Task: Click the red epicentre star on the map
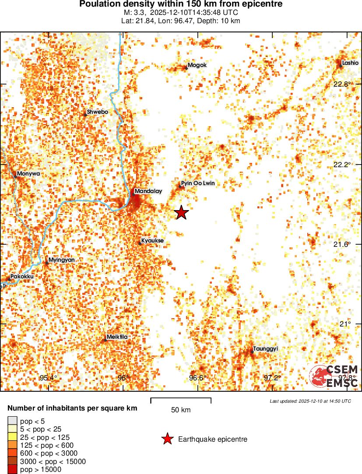point(182,213)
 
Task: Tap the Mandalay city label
point(148,191)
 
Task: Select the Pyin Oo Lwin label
point(198,183)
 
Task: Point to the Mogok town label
point(197,66)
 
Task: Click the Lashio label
point(350,63)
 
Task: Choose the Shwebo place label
point(97,112)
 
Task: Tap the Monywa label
point(28,174)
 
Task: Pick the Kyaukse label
point(153,241)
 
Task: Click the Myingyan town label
point(61,260)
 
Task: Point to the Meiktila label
point(117,337)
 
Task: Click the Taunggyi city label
point(266,349)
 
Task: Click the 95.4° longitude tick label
point(48,378)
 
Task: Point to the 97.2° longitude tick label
point(272,378)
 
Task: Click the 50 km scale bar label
point(181,410)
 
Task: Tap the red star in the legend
point(167,439)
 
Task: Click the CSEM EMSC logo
point(334,376)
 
